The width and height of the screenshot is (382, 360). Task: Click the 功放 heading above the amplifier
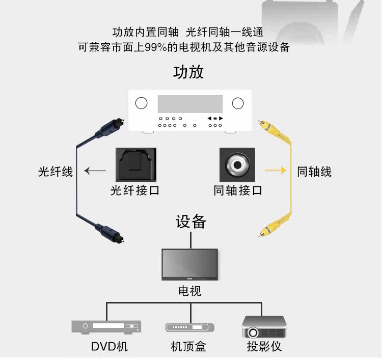(188, 72)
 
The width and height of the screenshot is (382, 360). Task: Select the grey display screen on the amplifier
(190, 104)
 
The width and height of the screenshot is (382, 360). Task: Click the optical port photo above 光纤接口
(136, 164)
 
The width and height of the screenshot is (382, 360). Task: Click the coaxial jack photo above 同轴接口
(237, 164)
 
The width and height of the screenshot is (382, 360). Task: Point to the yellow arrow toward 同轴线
(276, 170)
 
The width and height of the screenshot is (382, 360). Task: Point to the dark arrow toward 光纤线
(95, 171)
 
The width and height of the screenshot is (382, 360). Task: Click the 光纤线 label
(56, 172)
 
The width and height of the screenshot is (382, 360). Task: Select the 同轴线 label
(314, 172)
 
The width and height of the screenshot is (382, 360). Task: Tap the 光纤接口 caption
(135, 190)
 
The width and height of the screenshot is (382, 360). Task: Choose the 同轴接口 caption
(238, 190)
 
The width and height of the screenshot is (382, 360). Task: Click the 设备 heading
(191, 221)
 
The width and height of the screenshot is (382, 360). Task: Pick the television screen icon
(190, 264)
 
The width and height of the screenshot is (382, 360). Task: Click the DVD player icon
(106, 327)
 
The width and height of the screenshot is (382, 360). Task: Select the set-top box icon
(190, 327)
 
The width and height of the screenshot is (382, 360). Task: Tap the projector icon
(264, 327)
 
